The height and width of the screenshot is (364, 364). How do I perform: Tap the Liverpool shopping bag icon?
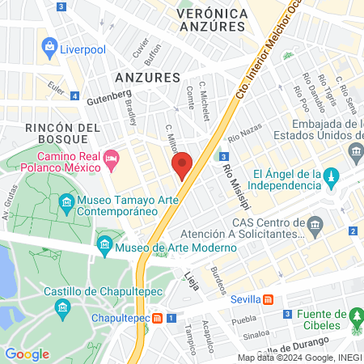click(x=51, y=46)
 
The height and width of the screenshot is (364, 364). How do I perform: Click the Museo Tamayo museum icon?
click(x=66, y=202)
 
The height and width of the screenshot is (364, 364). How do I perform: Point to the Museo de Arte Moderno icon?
click(x=104, y=243)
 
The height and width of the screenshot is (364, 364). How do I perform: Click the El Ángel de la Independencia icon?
click(x=331, y=176)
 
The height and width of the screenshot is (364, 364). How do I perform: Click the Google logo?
click(x=27, y=353)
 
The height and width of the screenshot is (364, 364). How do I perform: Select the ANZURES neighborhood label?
click(x=146, y=77)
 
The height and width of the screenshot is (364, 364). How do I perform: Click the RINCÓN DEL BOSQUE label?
click(x=63, y=135)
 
